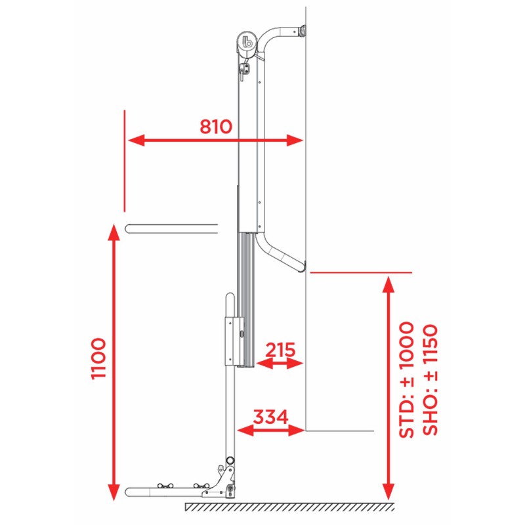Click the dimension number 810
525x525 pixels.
click(216, 126)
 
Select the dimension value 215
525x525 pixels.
click(280, 349)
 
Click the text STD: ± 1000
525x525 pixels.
click(406, 379)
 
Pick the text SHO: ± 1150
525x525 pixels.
click(430, 379)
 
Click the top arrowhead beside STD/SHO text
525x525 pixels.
click(388, 283)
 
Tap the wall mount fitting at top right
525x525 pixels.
click(302, 30)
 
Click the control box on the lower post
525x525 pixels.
click(234, 340)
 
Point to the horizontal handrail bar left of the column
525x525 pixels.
click(171, 228)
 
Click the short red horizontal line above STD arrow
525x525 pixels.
click(360, 271)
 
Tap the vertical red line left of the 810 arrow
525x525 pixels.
click(124, 161)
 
